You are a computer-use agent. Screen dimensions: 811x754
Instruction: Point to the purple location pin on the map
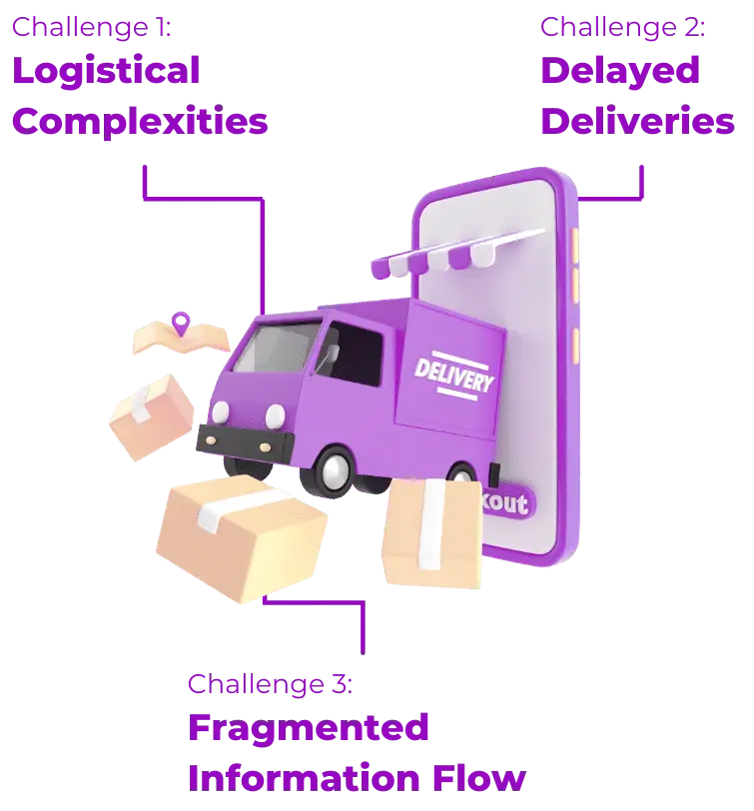(180, 322)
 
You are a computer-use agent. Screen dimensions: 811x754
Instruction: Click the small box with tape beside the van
(152, 416)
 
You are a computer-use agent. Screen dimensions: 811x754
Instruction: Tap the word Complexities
(140, 122)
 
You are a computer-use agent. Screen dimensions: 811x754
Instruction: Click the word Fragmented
(309, 728)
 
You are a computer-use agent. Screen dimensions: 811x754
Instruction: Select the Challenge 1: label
(92, 28)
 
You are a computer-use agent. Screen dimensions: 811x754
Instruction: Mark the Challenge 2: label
(623, 28)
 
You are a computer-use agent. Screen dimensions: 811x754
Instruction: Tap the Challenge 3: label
(271, 685)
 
